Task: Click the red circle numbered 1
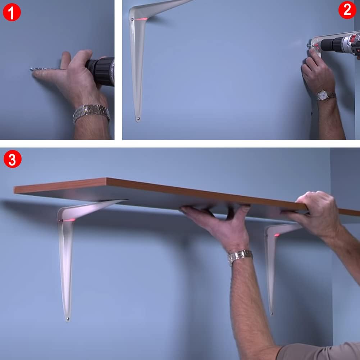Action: tap(12, 12)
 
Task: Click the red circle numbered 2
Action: tap(347, 10)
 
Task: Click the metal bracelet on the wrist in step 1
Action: tap(91, 113)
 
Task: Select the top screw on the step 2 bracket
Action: tap(132, 19)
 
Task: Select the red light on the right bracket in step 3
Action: tap(277, 235)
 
